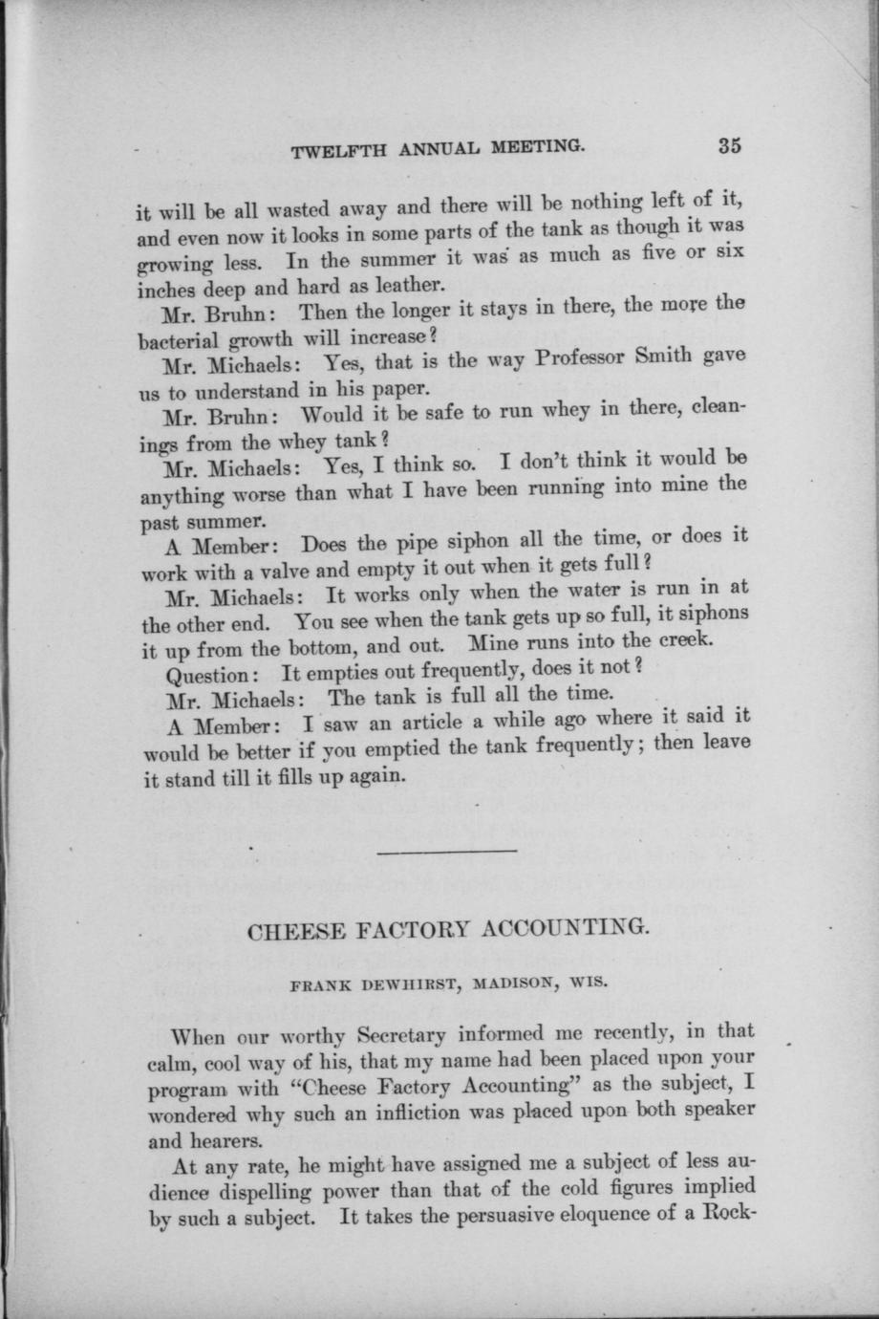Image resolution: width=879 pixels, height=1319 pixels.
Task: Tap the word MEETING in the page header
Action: point(537,148)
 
